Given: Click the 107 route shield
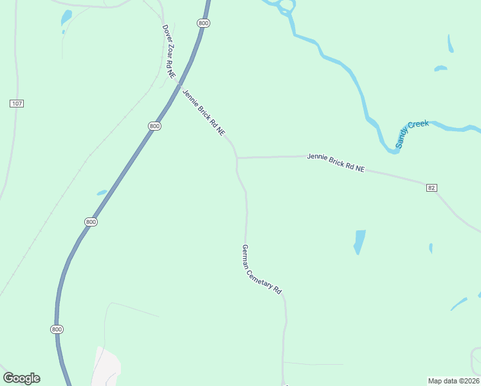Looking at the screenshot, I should coord(17,104).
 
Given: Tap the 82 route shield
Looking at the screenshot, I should coord(431,187).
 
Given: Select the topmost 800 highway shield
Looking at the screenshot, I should coord(204,23).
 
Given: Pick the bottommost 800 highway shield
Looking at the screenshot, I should coord(57,329).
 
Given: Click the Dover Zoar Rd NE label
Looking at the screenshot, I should coord(168,51).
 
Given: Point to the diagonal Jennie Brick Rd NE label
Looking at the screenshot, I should coord(204,113).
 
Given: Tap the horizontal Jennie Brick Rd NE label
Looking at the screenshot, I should coord(336,162).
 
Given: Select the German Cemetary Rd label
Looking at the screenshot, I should coord(262,269).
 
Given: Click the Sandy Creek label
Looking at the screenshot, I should coord(412,134).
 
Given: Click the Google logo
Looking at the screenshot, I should coord(21,378).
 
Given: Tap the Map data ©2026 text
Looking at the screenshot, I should coord(453,380).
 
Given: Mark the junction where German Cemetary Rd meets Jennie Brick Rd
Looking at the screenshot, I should coord(237,158).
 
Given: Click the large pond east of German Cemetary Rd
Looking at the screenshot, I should coord(359,241).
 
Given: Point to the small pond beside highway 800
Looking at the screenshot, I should coord(102,192).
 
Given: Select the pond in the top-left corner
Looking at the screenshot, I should coord(66,18).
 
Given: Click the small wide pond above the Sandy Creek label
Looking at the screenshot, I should coord(440,68).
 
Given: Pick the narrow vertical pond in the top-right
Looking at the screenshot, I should coord(450,44).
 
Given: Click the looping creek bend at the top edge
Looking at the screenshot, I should coord(284,8).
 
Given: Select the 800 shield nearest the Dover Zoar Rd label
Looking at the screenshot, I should coord(204,23).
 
